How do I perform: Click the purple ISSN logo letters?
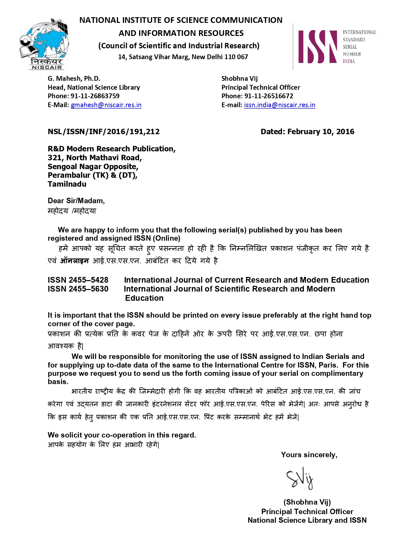(x=317, y=47)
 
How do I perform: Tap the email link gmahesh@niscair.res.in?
(x=106, y=105)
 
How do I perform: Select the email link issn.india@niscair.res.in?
(x=279, y=105)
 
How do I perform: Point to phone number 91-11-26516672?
(x=269, y=96)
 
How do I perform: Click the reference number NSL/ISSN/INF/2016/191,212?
(x=104, y=132)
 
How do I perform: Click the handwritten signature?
(x=300, y=478)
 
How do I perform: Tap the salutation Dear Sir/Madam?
(x=76, y=201)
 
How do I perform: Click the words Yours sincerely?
(x=309, y=455)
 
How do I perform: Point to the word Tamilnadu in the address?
(x=67, y=184)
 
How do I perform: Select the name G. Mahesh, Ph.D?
(x=74, y=79)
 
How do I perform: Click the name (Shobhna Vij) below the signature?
(x=307, y=502)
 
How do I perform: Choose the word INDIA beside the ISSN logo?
(x=349, y=61)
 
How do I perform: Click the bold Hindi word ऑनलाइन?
(x=74, y=261)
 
